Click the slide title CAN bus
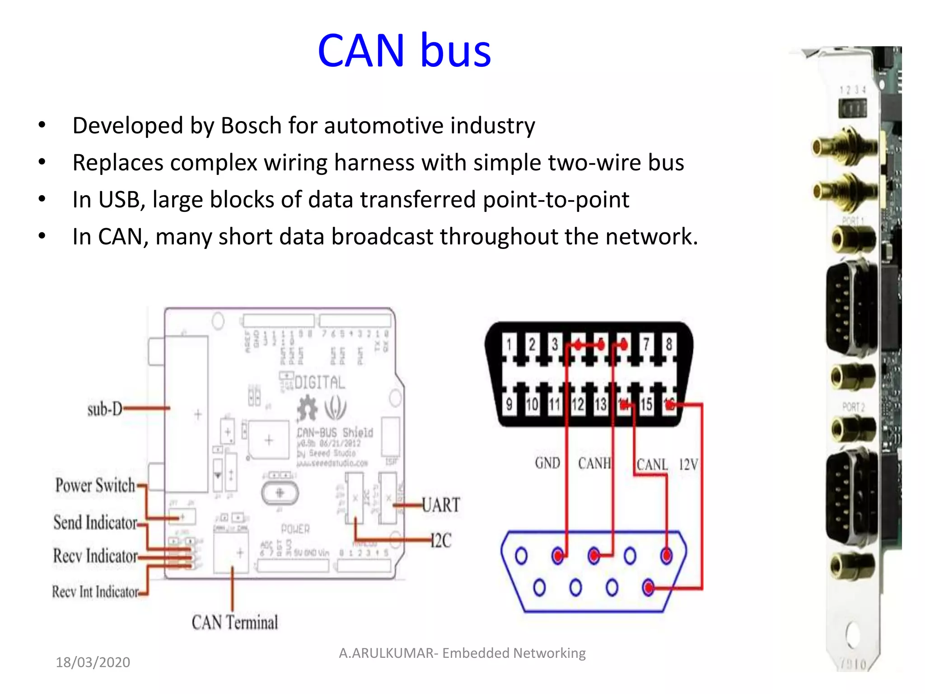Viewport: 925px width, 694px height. tap(404, 51)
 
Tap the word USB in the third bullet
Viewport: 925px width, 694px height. tap(121, 200)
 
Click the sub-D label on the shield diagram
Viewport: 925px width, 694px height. tap(105, 409)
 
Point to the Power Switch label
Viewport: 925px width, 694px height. tap(95, 485)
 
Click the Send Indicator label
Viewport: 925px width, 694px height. tap(95, 522)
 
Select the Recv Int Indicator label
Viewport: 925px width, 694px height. tap(95, 591)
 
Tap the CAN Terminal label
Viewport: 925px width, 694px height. tap(234, 622)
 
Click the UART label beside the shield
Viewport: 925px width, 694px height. tap(441, 505)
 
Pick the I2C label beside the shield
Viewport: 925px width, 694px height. tap(441, 540)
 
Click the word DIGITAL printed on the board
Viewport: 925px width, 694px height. tap(319, 383)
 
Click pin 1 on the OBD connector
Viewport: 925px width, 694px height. tap(509, 345)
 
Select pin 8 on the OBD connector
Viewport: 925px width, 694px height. tap(669, 345)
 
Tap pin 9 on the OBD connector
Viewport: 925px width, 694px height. tap(509, 404)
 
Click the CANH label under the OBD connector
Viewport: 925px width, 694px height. tap(593, 464)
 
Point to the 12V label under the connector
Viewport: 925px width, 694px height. tap(688, 464)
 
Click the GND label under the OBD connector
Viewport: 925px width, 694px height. tap(547, 463)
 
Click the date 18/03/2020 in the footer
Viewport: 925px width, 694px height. tap(93, 662)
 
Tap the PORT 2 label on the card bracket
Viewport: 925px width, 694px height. tap(853, 407)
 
